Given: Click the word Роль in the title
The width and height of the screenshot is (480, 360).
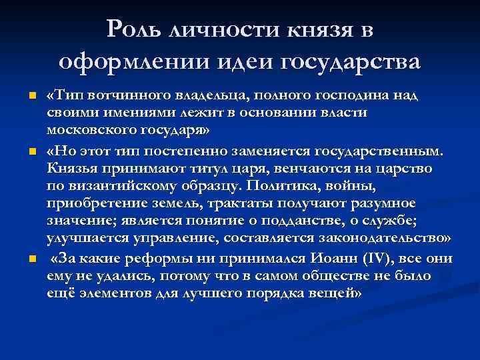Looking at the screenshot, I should pos(137,30).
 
